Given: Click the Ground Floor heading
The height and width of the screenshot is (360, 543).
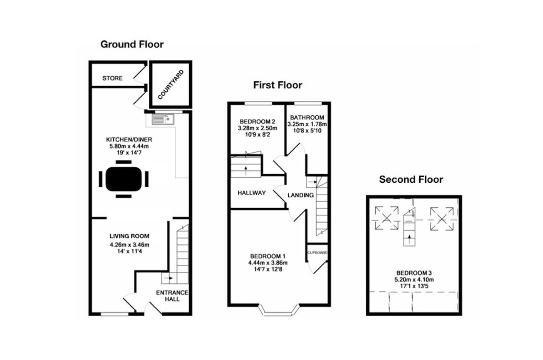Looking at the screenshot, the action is click(132, 45).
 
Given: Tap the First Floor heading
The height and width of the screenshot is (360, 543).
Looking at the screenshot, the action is click(277, 85).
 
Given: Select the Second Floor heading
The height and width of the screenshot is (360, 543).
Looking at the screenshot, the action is click(411, 179).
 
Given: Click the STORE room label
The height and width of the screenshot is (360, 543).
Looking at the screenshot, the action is click(112, 78).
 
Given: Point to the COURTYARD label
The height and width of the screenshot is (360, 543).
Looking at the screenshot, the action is click(171, 84).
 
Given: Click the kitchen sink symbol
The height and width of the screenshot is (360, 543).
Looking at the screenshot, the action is click(163, 120).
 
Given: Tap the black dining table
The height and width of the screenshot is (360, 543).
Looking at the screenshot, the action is click(123, 179).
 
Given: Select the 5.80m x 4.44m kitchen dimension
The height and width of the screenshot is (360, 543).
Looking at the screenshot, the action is click(129, 146).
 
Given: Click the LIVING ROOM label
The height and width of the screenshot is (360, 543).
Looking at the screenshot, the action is click(129, 236).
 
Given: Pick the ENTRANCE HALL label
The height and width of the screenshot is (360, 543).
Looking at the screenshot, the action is click(172, 296).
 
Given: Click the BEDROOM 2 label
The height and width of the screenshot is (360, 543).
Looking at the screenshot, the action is click(258, 121).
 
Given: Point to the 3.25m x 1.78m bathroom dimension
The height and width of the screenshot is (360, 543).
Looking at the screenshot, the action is click(307, 124).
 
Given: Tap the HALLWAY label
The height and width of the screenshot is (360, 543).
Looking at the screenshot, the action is click(252, 193).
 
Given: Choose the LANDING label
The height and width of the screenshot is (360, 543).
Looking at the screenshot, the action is click(301, 195).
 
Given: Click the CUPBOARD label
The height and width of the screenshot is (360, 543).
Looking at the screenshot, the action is click(317, 252).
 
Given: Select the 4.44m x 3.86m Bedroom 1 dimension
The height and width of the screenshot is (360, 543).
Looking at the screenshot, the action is click(268, 262).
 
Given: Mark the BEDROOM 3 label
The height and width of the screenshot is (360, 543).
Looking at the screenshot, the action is click(414, 273).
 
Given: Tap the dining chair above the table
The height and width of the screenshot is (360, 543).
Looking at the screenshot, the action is click(123, 162).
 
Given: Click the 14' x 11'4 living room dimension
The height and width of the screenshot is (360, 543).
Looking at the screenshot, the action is click(129, 251).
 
